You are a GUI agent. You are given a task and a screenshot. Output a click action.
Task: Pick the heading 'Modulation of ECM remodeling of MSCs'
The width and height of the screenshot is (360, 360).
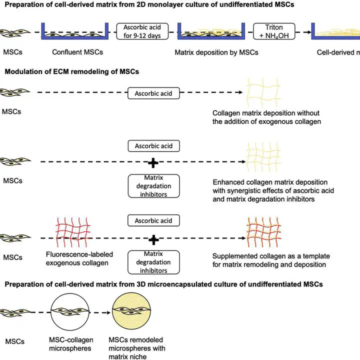[x=72, y=71]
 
